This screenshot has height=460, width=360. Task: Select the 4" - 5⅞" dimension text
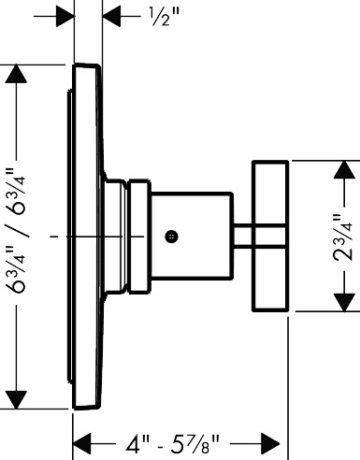pos(172,443)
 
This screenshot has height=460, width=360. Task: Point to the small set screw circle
pos(171,237)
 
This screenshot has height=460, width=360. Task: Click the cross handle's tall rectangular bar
pos(270,236)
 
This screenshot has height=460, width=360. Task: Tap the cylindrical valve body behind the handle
pos(192,236)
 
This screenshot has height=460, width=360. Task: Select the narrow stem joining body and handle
pos(243,236)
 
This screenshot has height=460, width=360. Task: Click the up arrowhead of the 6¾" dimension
pos(16,74)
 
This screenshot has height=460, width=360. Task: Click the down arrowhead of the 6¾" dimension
pos(16,399)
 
